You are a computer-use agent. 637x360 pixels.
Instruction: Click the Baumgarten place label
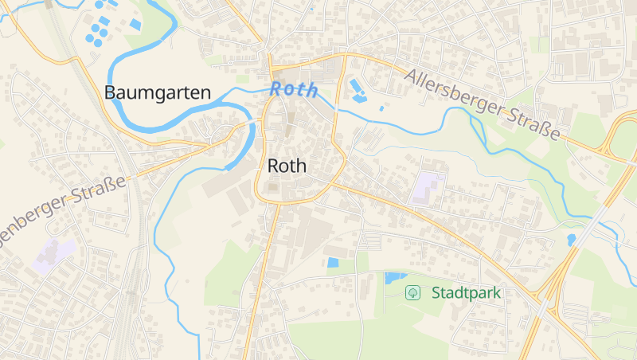(158, 92)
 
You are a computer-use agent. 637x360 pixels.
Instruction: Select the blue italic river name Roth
(294, 90)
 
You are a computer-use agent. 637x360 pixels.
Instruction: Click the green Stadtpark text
(466, 292)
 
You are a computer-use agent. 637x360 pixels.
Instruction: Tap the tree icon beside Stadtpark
(413, 292)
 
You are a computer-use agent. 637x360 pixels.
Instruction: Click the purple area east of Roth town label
(428, 186)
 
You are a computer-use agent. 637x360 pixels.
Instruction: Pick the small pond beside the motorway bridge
(571, 239)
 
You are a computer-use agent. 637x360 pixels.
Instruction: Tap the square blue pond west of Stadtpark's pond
(333, 262)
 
